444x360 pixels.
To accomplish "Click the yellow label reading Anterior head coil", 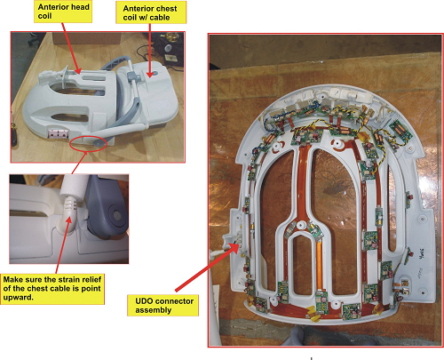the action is (63, 12).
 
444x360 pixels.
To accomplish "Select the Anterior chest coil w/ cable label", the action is (151, 12).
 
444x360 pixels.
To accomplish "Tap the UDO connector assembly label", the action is (163, 305).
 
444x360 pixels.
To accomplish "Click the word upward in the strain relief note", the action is (18, 298).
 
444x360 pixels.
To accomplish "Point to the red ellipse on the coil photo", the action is (88, 143).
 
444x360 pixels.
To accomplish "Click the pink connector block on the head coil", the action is (58, 133).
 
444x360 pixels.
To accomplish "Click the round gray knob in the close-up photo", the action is (116, 214).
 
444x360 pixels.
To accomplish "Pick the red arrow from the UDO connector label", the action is (207, 268).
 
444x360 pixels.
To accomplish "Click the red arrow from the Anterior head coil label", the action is (71, 48).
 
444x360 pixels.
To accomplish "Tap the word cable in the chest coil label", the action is (160, 18).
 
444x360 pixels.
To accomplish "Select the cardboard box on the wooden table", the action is (86, 38).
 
